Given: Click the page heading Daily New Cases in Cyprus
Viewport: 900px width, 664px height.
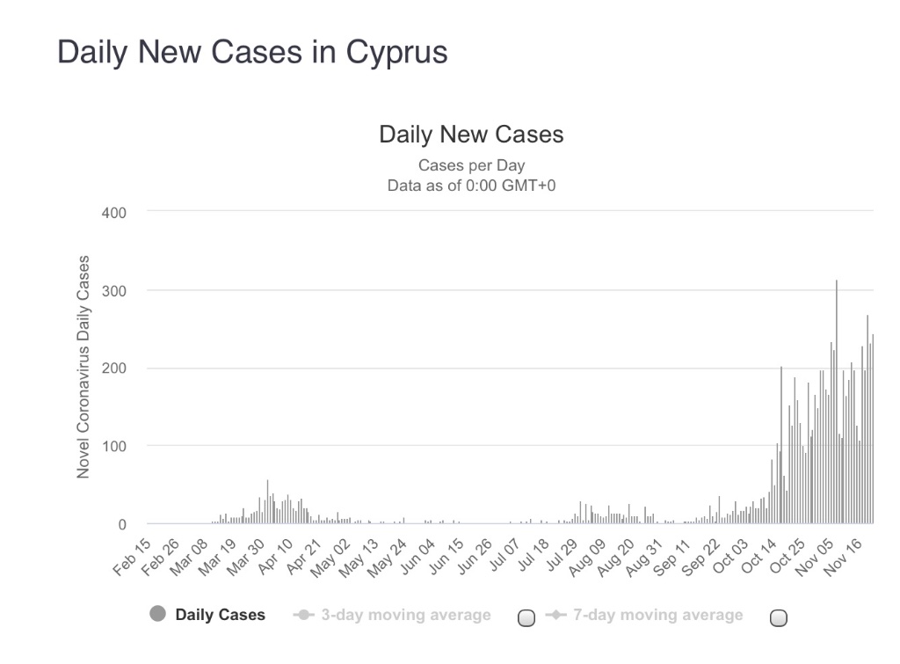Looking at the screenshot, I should pyautogui.click(x=252, y=53).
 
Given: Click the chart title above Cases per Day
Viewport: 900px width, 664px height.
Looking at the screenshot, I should pyautogui.click(x=471, y=135).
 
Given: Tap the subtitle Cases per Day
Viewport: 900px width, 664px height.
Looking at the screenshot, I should pyautogui.click(x=471, y=164).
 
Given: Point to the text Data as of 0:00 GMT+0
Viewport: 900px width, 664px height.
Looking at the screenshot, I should pyautogui.click(x=471, y=186).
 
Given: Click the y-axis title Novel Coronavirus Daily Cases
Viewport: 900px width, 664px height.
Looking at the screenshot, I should pyautogui.click(x=83, y=367).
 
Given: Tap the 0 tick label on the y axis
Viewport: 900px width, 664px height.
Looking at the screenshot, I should pyautogui.click(x=122, y=524).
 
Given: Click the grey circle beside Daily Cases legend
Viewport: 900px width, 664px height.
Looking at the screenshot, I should pyautogui.click(x=157, y=615).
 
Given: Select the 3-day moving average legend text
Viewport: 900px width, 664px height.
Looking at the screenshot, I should pyautogui.click(x=405, y=615).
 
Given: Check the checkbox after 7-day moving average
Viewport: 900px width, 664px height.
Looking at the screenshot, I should pyautogui.click(x=778, y=617).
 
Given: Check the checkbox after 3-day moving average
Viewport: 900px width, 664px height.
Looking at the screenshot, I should pyautogui.click(x=526, y=617).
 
